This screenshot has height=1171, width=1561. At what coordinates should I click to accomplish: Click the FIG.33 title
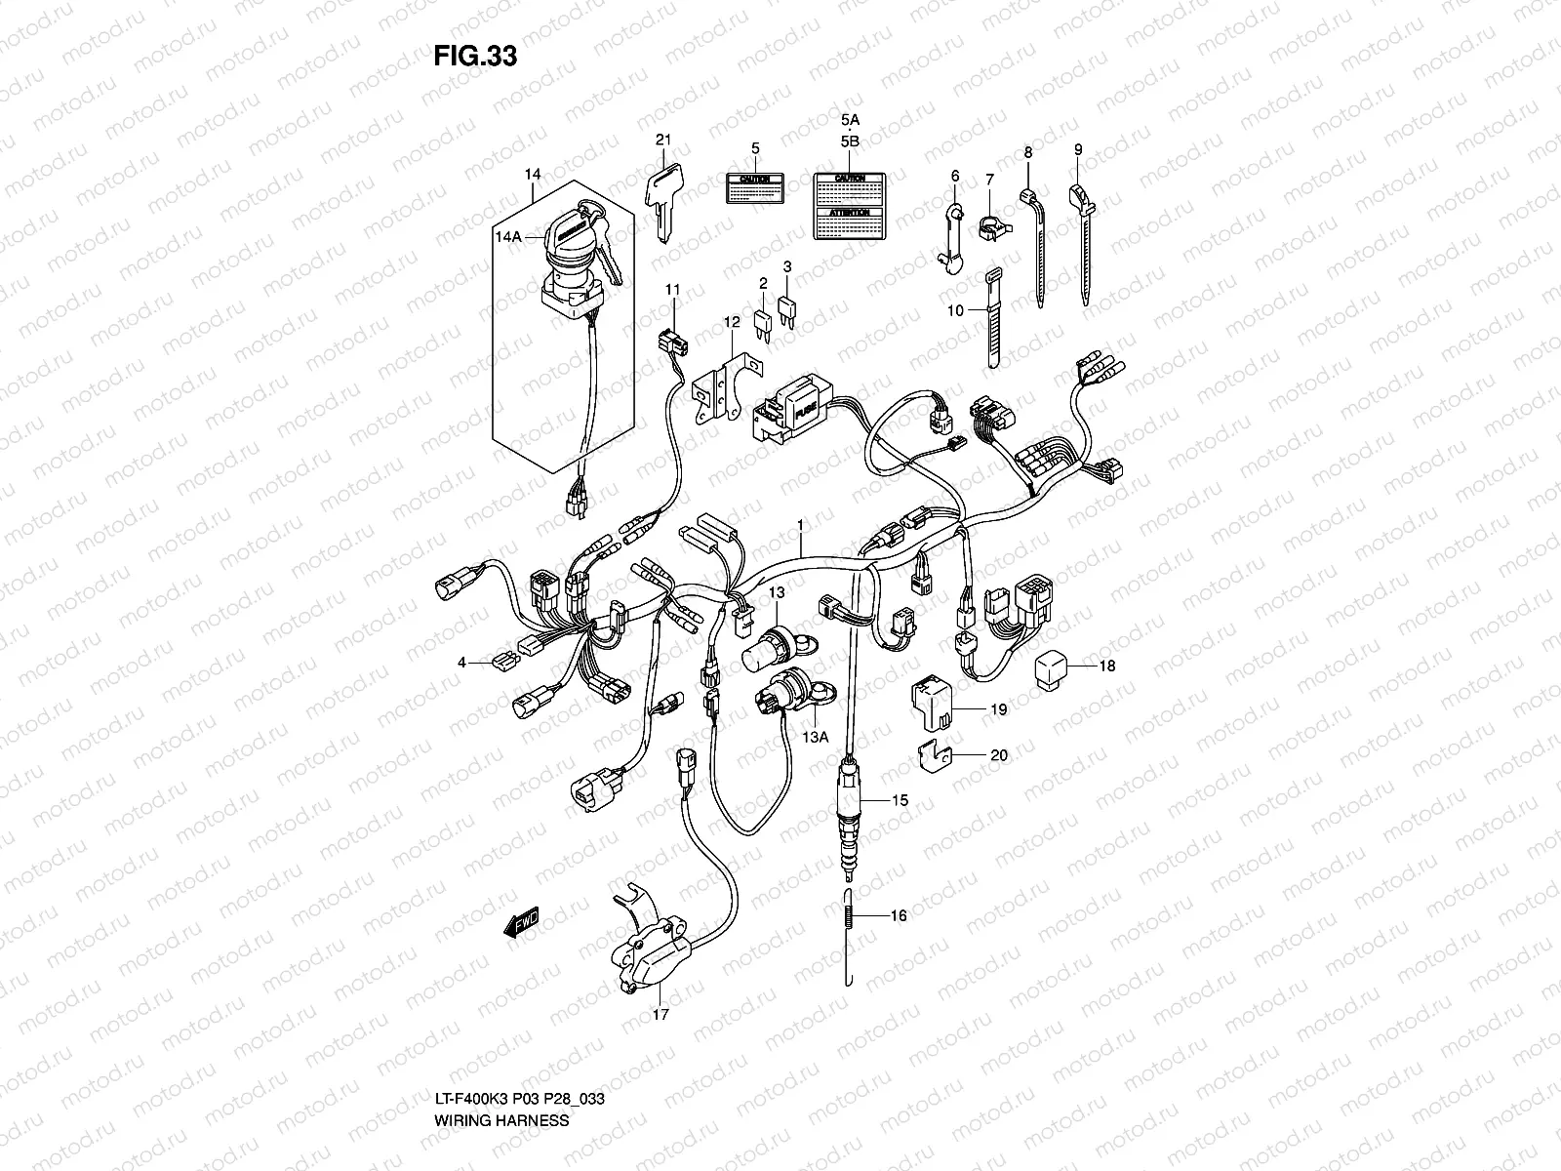click(474, 57)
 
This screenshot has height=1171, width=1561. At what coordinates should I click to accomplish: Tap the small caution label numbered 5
click(755, 188)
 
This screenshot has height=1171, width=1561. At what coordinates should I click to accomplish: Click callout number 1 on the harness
click(800, 525)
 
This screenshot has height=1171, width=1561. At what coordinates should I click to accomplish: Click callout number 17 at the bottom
click(660, 1015)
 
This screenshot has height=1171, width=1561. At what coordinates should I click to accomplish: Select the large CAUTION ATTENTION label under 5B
click(849, 205)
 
